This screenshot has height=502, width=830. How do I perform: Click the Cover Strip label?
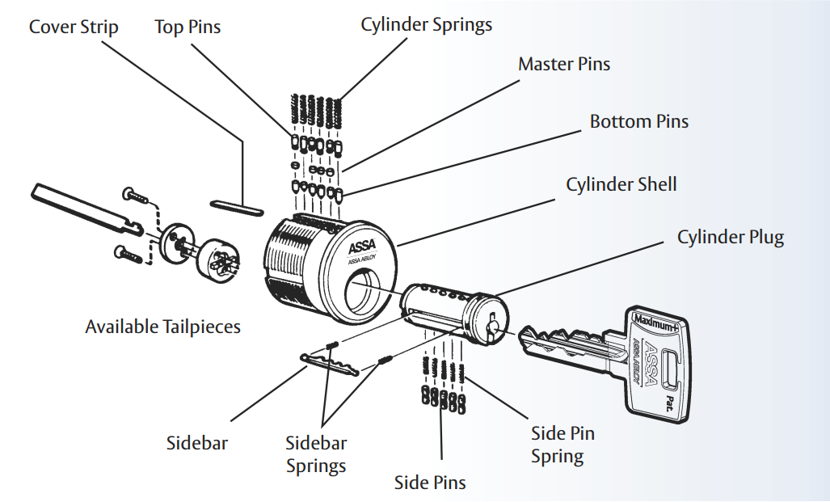pos(74,27)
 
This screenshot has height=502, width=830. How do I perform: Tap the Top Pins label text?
pos(187,27)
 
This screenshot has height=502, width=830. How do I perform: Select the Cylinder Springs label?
pos(426,24)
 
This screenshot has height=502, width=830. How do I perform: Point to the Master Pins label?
pos(564,64)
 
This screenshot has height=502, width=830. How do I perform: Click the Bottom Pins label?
pos(639,121)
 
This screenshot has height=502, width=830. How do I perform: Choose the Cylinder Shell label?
pos(621,184)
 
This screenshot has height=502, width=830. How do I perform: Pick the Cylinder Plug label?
pos(731,237)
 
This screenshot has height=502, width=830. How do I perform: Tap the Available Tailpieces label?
pos(163,327)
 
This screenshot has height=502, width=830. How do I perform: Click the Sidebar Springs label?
pos(316,454)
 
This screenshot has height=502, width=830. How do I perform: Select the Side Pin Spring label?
pos(562,445)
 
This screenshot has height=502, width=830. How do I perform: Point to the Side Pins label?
pos(430,483)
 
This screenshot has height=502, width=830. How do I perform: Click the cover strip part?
pos(236,206)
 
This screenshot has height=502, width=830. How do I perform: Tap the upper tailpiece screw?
pos(134,196)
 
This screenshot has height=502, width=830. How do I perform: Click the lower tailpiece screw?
pos(129,253)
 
